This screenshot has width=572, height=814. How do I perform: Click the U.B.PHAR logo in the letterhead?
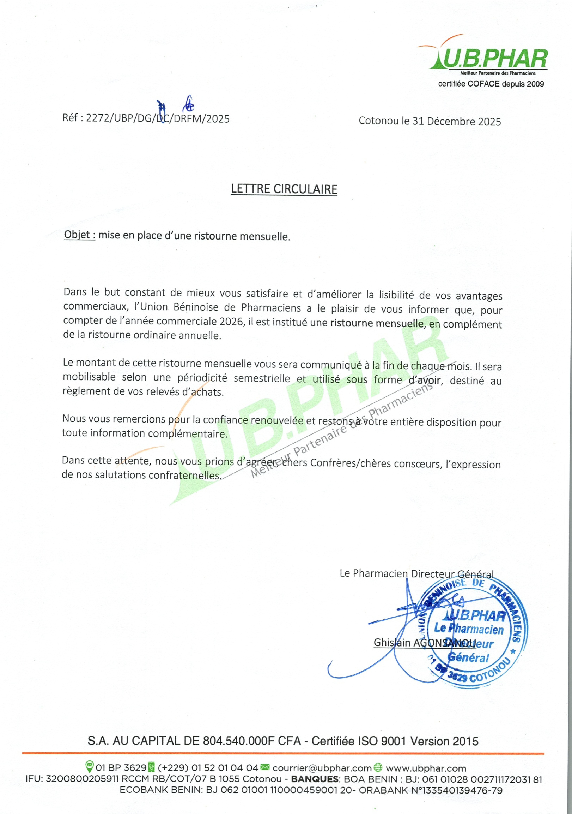tap(489, 58)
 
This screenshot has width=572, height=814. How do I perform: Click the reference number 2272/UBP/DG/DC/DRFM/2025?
tap(158, 118)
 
